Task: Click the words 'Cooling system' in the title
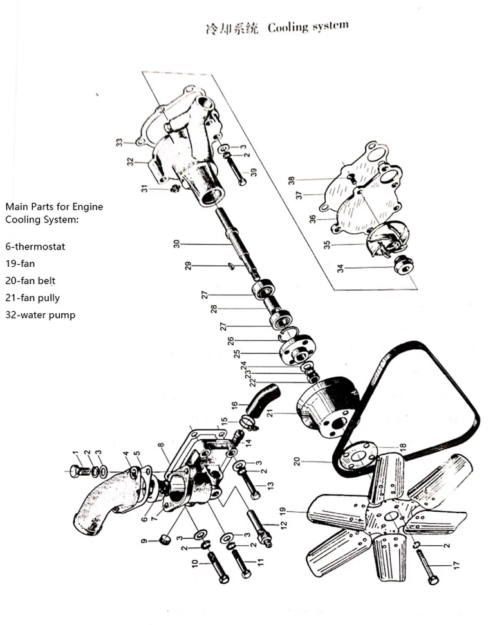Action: pyautogui.click(x=308, y=27)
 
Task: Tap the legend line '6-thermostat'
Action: pyautogui.click(x=35, y=246)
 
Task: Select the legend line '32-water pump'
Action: pyautogui.click(x=41, y=315)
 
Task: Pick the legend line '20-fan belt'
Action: pyautogui.click(x=30, y=280)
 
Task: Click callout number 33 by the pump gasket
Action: pyautogui.click(x=119, y=142)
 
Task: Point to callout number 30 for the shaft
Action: pyautogui.click(x=177, y=244)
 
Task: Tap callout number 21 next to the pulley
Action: pyautogui.click(x=270, y=413)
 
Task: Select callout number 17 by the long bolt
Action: pyautogui.click(x=457, y=565)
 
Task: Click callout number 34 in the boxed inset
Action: pyautogui.click(x=341, y=269)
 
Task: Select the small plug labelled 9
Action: pyautogui.click(x=165, y=539)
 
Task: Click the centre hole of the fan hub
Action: pyautogui.click(x=391, y=516)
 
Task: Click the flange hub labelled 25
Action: pyautogui.click(x=297, y=350)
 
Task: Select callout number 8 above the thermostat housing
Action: pyautogui.click(x=161, y=445)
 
